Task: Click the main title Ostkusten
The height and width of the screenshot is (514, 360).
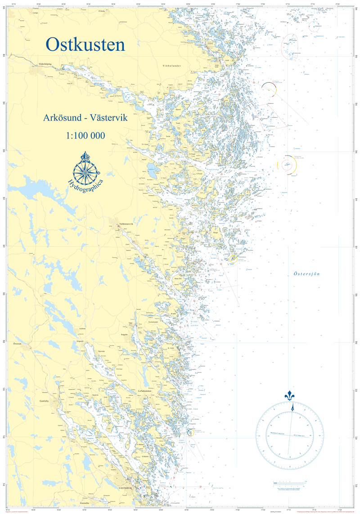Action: tap(85, 45)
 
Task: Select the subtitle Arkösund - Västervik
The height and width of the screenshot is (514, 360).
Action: tap(85, 118)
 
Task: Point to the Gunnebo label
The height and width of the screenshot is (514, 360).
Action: tap(85, 503)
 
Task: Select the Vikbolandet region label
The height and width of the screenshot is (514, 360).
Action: tap(172, 66)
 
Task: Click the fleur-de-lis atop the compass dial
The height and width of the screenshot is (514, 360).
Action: tap(289, 396)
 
